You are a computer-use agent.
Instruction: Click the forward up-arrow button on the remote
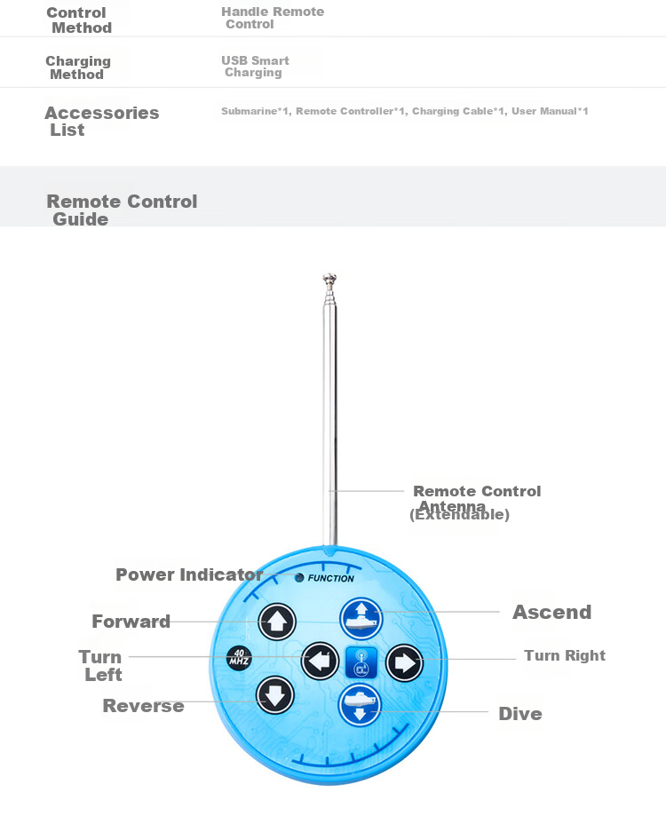point(277,622)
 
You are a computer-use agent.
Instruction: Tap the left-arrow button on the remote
point(320,661)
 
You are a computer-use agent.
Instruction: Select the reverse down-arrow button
point(275,695)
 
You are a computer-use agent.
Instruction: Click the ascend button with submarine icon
point(361,619)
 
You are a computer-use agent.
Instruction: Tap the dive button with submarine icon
point(360,705)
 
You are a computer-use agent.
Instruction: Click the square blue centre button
point(361,662)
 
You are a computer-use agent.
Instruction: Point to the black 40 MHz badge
point(240,658)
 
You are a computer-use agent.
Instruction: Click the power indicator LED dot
point(299,578)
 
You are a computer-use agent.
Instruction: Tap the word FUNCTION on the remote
point(330,578)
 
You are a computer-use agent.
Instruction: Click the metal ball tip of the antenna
point(329,278)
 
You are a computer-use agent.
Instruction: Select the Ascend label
point(552,612)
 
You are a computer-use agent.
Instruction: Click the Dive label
point(520,714)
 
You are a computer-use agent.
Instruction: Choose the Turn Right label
point(565,656)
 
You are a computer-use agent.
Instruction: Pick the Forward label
point(131,622)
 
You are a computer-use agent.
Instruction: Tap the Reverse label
point(143,706)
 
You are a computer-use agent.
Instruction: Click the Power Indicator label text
point(189,574)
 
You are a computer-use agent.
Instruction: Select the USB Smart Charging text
point(255,67)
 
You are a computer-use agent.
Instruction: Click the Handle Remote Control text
point(273,18)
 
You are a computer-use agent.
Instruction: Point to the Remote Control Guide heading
point(122,210)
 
